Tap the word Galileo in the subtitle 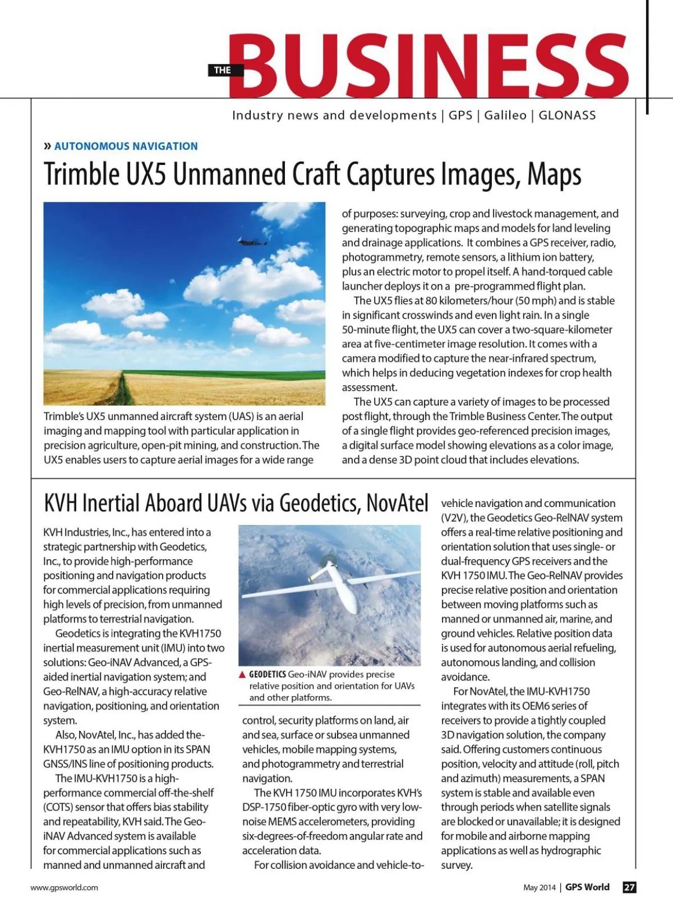coord(505,115)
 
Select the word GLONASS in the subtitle coord(567,115)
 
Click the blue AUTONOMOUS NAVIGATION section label coord(126,146)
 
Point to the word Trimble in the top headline coord(82,174)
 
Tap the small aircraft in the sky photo coord(252,241)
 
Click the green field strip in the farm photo coord(224,374)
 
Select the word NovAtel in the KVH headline coord(397,503)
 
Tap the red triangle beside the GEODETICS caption coord(242,675)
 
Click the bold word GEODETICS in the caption coord(268,674)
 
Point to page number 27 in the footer coord(630,887)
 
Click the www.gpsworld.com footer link coord(64,887)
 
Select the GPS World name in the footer coord(587,887)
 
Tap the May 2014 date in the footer coord(539,887)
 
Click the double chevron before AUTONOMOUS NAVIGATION coord(47,146)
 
